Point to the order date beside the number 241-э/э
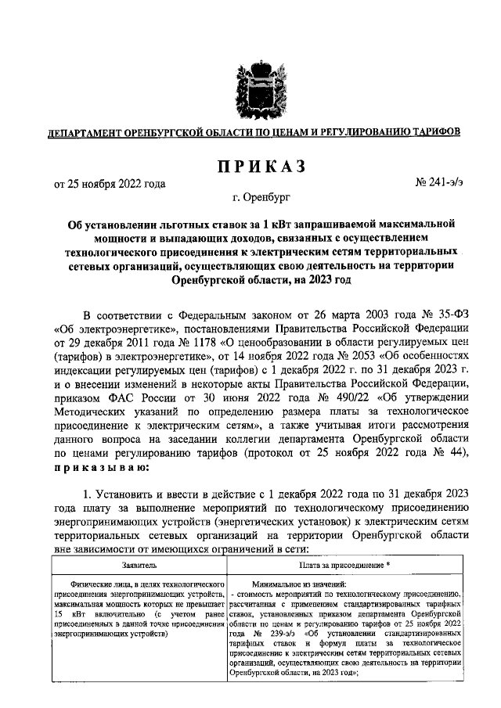110,185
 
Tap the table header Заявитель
138,563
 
